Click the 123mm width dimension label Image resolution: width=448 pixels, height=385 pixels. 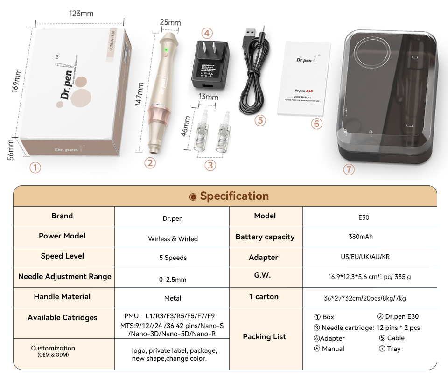click(x=81, y=13)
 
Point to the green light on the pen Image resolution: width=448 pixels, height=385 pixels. click(x=165, y=49)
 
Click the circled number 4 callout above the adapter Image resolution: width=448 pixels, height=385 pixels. click(x=207, y=33)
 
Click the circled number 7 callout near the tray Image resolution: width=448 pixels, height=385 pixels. click(x=349, y=169)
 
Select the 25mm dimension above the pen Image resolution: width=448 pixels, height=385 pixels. click(x=170, y=22)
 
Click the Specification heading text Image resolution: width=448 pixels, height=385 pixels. click(x=234, y=196)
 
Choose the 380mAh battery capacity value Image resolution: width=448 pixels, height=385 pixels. click(x=361, y=237)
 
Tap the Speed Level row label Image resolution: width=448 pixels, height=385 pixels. click(x=63, y=256)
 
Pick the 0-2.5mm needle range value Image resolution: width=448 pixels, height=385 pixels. click(x=173, y=280)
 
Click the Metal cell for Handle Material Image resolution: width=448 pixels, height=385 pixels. click(x=173, y=298)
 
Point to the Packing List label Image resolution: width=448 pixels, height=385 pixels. click(x=265, y=336)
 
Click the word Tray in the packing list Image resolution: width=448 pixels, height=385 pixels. click(x=393, y=349)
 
